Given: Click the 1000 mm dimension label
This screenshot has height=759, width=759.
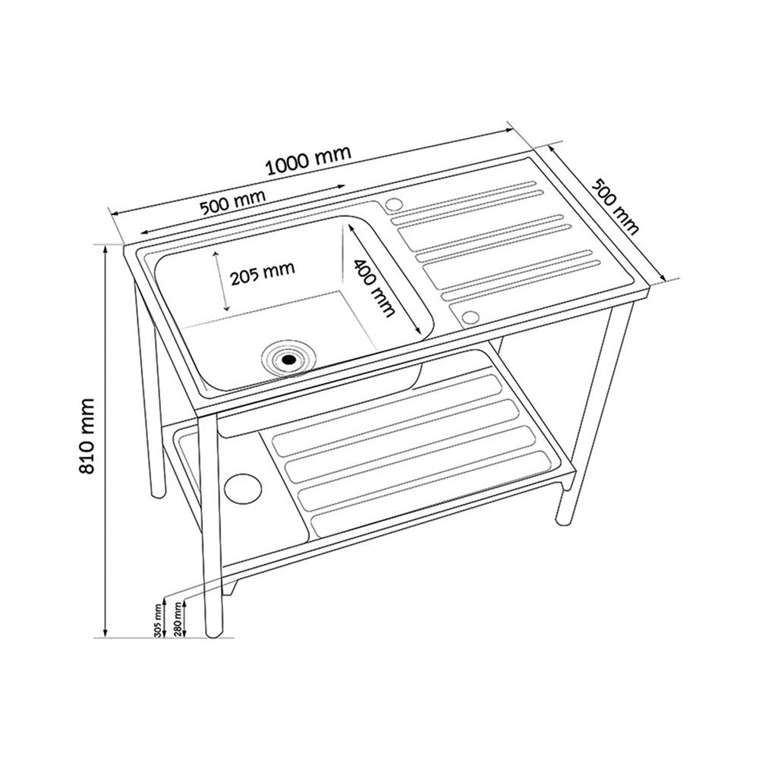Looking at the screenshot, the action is click(x=308, y=161).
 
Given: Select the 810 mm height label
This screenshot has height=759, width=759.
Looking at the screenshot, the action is click(x=87, y=436).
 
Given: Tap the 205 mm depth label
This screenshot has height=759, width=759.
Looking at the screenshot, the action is click(x=263, y=273).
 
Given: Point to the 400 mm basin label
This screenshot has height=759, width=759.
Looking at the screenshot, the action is click(x=373, y=288).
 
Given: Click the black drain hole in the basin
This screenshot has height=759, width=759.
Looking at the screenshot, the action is click(x=289, y=360).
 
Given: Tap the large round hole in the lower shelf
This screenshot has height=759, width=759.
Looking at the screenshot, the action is click(x=244, y=488).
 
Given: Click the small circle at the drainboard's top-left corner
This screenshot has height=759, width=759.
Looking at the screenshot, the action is click(x=393, y=204).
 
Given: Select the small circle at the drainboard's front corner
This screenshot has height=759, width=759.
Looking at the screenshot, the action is click(x=470, y=317).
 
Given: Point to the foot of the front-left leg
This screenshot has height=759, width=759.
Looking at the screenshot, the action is click(x=213, y=631).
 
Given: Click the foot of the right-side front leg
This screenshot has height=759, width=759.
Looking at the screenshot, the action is click(x=563, y=520).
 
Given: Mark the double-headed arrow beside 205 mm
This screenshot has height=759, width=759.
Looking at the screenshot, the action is click(x=221, y=281).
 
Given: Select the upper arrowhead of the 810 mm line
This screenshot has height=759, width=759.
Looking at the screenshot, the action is click(x=105, y=249).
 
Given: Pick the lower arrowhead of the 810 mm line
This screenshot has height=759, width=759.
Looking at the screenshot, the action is click(x=105, y=632).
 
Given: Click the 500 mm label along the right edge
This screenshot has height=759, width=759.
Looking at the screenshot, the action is click(x=616, y=206).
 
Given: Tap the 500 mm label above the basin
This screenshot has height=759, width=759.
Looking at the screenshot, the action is click(x=233, y=203).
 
